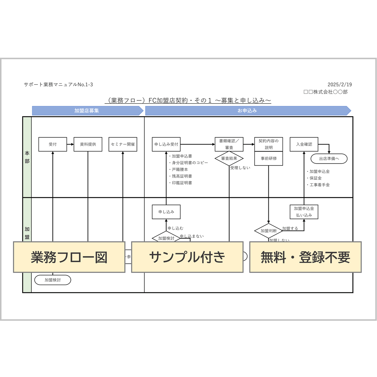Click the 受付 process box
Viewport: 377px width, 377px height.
pos(53,144)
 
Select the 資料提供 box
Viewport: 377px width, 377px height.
pos(88,144)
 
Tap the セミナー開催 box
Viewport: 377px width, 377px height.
pos(123,144)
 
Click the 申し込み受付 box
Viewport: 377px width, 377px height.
pos(166,144)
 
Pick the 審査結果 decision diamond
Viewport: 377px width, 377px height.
pos(229,158)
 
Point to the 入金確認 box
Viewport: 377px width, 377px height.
pos(304,144)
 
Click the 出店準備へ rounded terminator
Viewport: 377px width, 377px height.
pos(329,159)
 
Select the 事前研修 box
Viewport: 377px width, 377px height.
pos(269,158)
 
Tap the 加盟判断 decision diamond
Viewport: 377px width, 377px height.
pos(268,231)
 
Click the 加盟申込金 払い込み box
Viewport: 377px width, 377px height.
pos(304,212)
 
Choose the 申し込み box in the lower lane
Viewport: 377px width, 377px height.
pos(166,212)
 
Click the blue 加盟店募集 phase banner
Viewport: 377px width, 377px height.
pos(87,111)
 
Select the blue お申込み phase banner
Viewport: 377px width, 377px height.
pos(247,111)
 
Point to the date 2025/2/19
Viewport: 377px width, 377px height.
pos(340,85)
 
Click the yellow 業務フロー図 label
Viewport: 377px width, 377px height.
pos(69,257)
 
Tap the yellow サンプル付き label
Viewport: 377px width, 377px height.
pos(187,257)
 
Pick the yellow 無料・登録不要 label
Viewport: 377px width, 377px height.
pos(305,257)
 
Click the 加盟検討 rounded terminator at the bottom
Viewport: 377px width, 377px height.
pos(53,280)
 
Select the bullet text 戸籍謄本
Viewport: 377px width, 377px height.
pos(180,169)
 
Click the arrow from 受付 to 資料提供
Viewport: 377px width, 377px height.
pos(70,144)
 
